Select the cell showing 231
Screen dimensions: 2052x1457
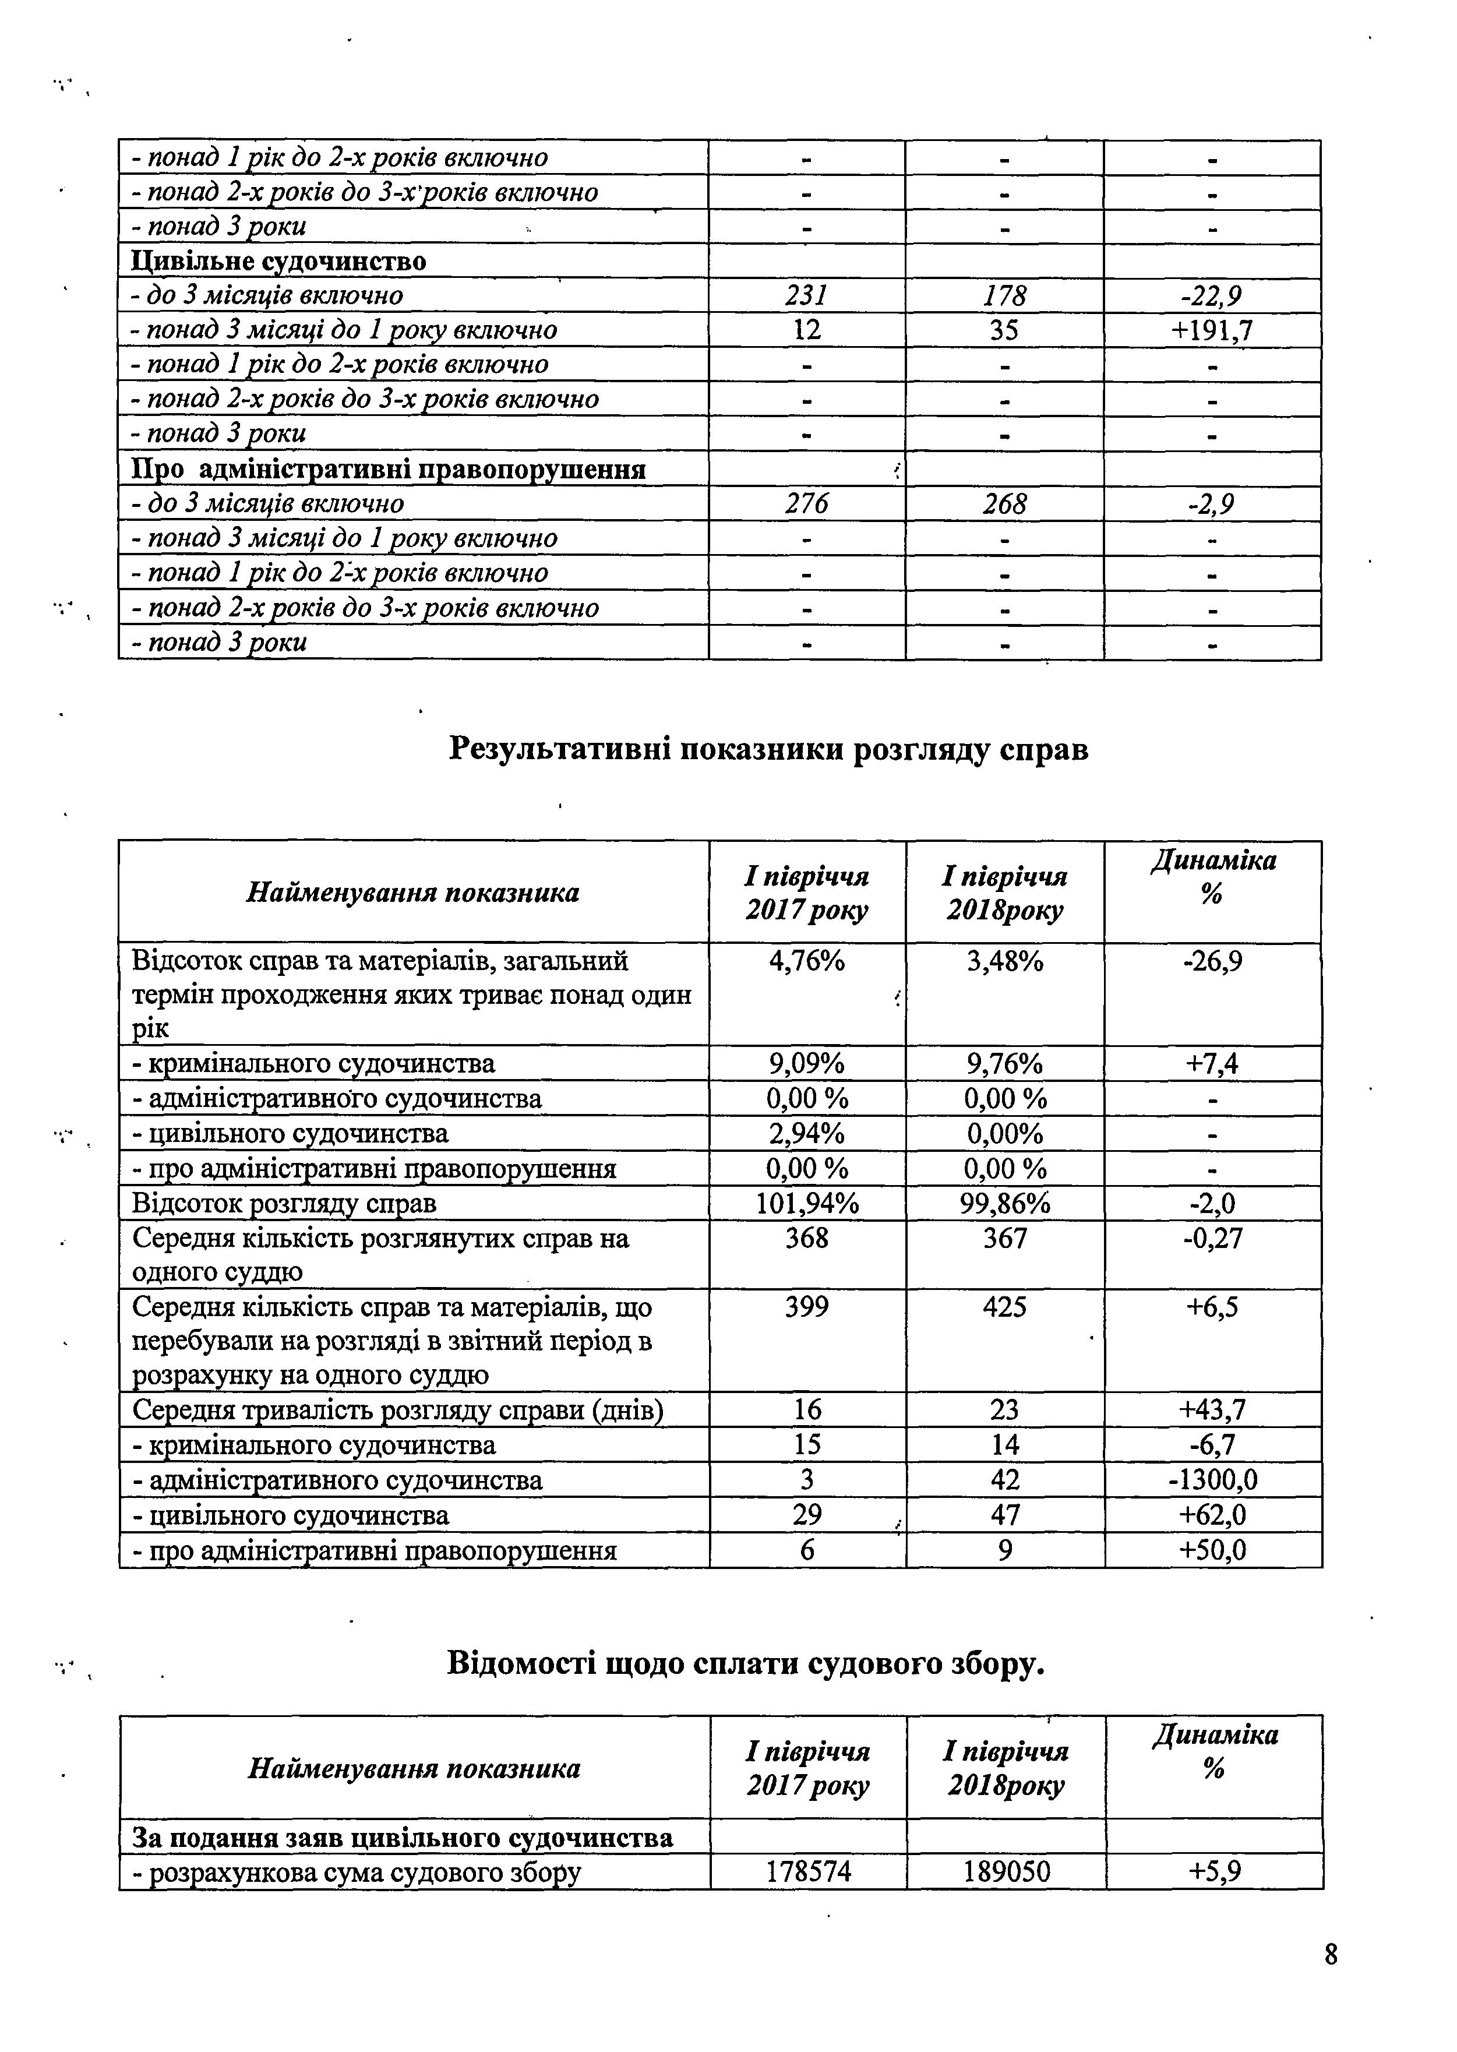click(806, 296)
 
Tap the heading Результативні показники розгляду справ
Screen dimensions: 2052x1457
click(768, 748)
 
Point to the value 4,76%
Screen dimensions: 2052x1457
click(806, 962)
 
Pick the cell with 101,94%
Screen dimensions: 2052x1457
click(806, 1203)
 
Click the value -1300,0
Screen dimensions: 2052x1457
click(1212, 1479)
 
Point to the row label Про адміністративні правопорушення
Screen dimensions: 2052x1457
click(389, 469)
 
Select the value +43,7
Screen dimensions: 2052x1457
click(1212, 1411)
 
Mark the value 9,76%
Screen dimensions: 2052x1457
click(1005, 1064)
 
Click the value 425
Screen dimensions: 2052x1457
click(1005, 1307)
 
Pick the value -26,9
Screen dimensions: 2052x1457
click(1212, 962)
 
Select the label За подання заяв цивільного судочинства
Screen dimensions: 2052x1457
click(402, 1838)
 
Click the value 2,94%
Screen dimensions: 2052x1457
click(806, 1134)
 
